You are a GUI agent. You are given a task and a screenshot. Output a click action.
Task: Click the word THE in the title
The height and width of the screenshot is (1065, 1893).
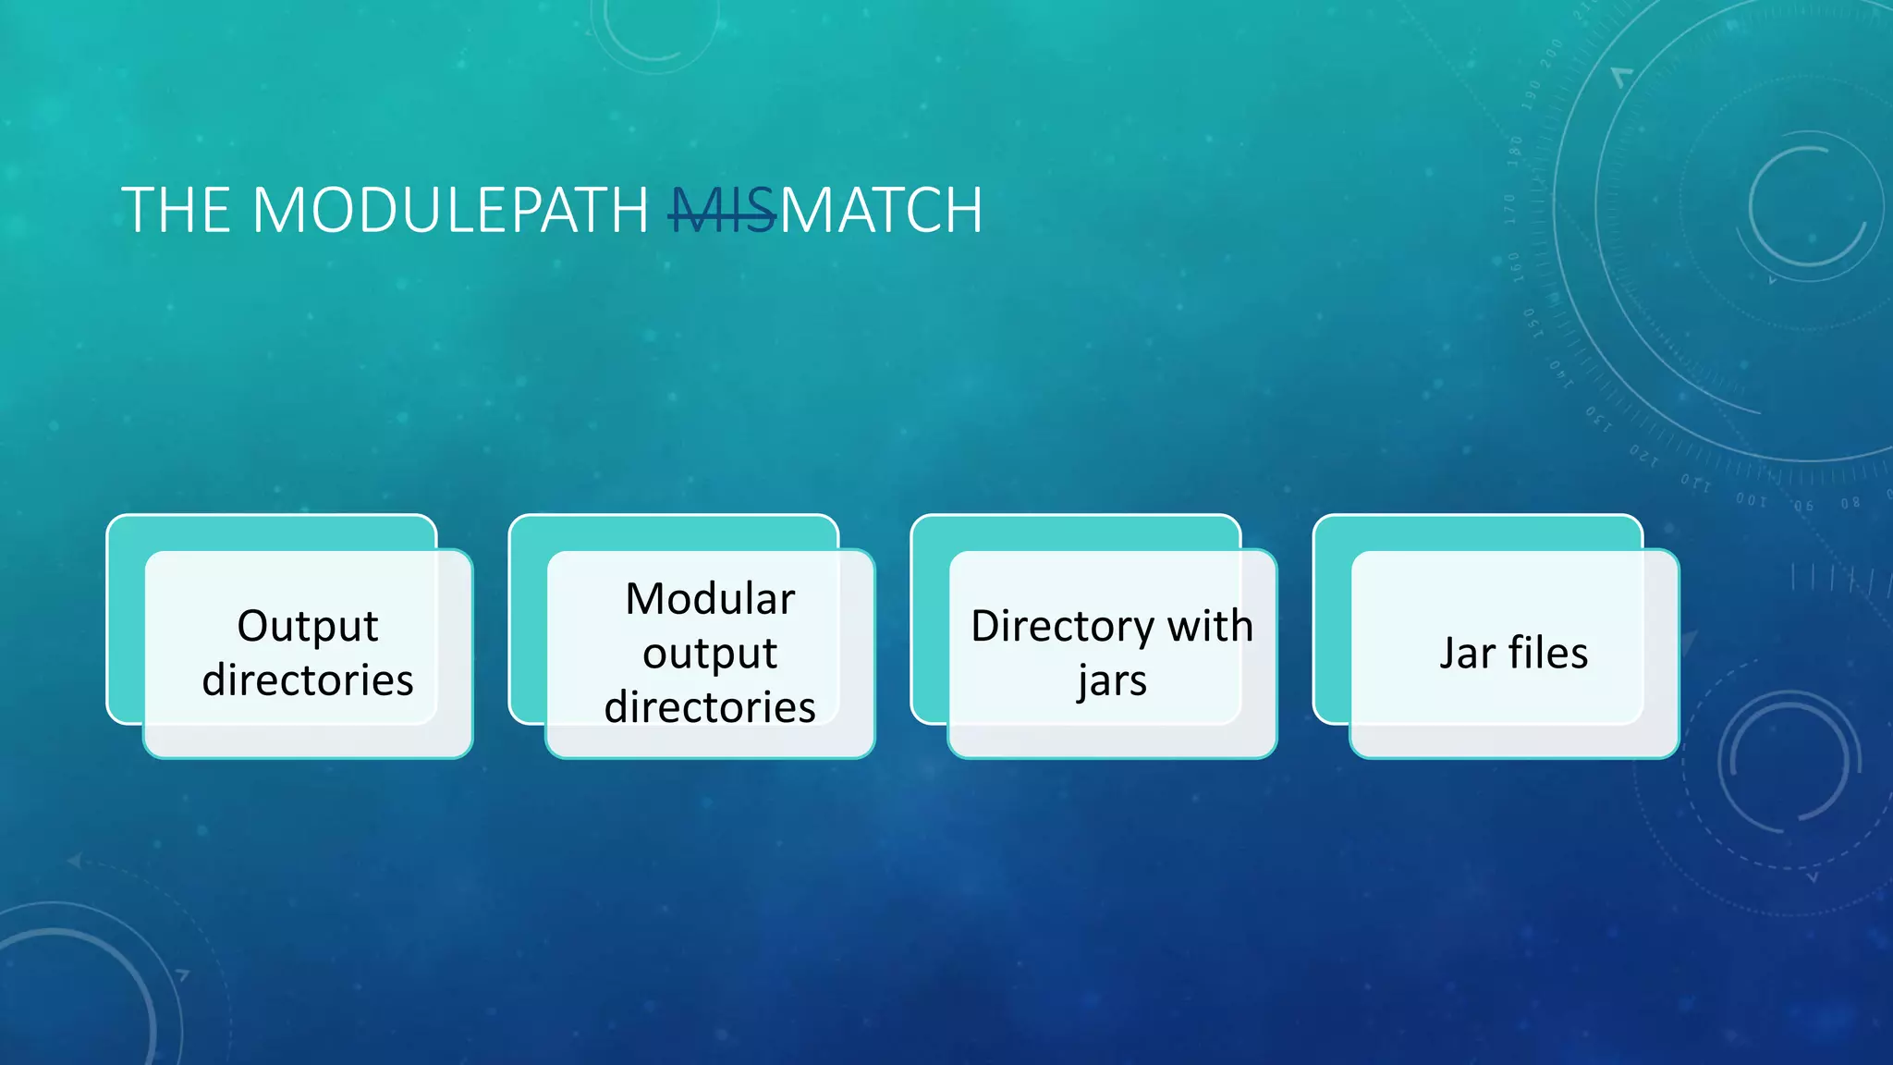pos(176,211)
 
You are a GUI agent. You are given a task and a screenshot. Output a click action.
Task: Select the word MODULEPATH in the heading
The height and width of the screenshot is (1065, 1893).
pos(450,211)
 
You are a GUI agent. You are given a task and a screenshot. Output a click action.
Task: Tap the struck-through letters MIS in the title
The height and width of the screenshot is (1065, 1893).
pos(722,211)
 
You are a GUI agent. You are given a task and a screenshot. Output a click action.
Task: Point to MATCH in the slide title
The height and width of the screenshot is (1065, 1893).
pos(882,211)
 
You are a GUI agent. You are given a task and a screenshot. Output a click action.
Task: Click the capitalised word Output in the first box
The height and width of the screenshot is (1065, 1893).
pos(307,626)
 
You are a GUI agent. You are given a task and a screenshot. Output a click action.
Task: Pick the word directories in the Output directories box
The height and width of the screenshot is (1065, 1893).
pos(307,680)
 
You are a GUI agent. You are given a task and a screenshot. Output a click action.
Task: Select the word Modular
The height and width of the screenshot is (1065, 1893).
pos(710,599)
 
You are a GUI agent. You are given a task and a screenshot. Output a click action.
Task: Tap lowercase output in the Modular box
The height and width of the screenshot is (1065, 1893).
pos(710,654)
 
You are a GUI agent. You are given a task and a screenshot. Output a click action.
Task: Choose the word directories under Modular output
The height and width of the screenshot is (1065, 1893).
pos(710,707)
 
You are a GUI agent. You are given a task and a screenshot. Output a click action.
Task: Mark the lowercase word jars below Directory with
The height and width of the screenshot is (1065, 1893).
pos(1112,681)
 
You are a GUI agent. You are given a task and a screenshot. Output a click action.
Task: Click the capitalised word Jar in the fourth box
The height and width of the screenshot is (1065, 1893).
pos(1467,654)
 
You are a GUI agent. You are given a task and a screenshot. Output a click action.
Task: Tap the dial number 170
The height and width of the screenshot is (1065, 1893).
pos(1510,209)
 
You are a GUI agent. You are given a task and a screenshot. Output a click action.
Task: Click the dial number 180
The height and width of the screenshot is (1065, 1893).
pos(1515,151)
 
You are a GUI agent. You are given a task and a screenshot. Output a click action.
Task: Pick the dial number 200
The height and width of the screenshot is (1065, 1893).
pos(1551,53)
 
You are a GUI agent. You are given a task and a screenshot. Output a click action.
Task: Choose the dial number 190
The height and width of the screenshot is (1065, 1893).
pos(1533,95)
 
